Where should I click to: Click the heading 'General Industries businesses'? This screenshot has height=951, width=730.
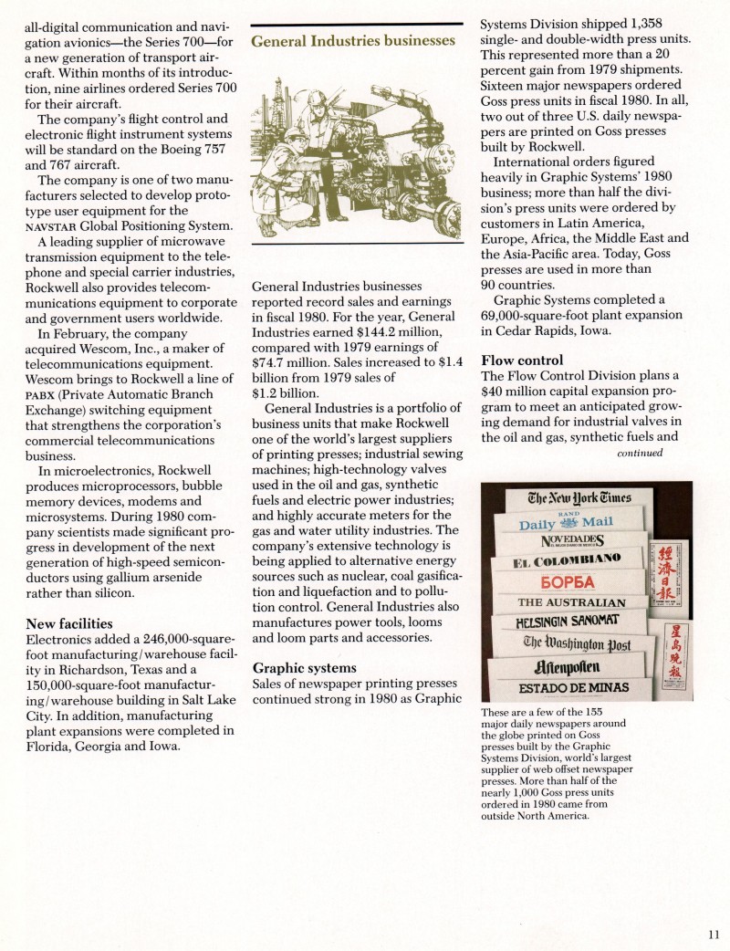click(352, 41)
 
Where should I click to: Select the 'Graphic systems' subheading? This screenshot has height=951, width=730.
click(305, 668)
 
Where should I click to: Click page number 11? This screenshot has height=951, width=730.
click(713, 933)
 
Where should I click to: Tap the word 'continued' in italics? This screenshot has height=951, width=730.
click(639, 452)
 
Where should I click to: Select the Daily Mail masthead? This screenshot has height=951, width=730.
click(567, 523)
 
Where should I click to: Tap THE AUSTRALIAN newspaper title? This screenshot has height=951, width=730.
click(571, 603)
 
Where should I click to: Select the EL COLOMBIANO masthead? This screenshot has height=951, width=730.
click(567, 559)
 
